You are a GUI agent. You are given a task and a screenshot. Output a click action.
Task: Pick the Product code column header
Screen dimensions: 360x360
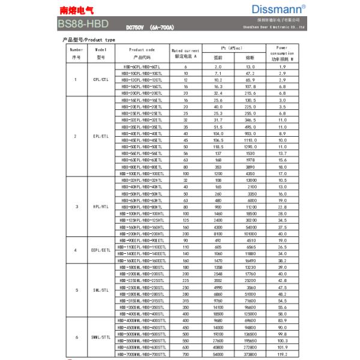coord(142,53)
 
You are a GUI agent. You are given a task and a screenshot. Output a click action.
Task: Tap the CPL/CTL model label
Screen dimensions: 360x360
coord(101,80)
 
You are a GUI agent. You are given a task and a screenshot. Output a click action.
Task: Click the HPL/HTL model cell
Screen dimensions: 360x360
coord(101,207)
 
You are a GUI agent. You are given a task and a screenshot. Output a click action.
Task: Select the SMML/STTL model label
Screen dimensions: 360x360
coord(101,338)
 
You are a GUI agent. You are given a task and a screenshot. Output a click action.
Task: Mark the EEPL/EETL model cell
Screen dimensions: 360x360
coord(101,250)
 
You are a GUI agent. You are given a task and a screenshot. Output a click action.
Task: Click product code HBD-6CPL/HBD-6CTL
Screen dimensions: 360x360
coord(142,67)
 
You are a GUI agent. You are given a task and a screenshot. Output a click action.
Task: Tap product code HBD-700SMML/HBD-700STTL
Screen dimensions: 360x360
coord(142,354)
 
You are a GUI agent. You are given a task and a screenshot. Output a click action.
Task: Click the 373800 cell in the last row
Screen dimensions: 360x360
coord(250,354)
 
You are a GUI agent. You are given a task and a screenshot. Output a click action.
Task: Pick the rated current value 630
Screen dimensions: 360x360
coord(185,347)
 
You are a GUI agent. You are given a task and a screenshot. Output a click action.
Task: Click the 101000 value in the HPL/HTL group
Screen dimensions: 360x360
coord(250,233)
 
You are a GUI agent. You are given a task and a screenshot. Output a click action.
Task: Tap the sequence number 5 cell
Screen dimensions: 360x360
coord(76,290)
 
